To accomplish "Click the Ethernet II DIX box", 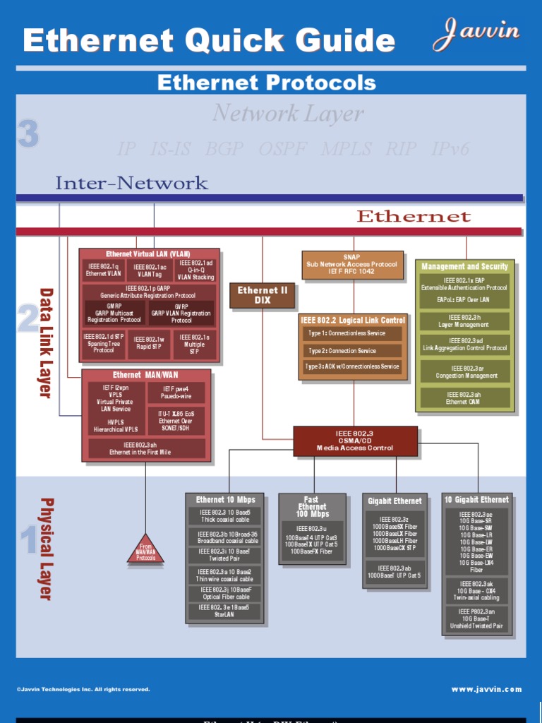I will click(262, 295).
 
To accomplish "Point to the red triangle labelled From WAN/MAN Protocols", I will click(146, 551).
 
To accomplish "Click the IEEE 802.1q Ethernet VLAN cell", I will click(103, 270).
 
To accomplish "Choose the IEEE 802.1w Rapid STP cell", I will click(149, 343).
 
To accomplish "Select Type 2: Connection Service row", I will click(353, 350).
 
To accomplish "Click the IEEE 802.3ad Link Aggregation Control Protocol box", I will click(464, 345).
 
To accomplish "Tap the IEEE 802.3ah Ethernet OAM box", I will click(464, 398).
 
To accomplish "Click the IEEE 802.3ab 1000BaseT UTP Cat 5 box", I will click(395, 572).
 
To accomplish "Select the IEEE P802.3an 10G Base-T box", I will click(476, 619).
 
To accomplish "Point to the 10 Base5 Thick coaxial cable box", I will click(224, 516).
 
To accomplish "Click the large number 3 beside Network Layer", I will click(28, 133).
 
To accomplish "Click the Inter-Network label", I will click(131, 184).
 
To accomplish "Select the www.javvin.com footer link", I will click(486, 689).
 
